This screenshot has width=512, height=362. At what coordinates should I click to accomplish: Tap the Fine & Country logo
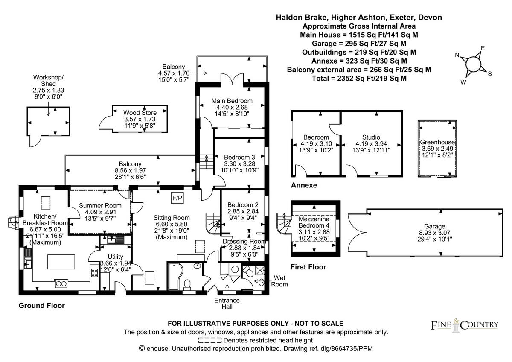(x=464, y=324)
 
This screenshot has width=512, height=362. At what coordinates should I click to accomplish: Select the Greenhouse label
(x=437, y=142)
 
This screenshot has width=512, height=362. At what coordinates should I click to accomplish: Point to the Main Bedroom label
(x=232, y=101)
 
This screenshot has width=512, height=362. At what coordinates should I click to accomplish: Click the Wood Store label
(x=134, y=113)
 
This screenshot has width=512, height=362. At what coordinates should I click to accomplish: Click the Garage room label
(x=434, y=226)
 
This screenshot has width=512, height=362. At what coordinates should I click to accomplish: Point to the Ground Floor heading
(x=41, y=306)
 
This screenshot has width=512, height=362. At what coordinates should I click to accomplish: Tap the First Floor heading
(x=308, y=267)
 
